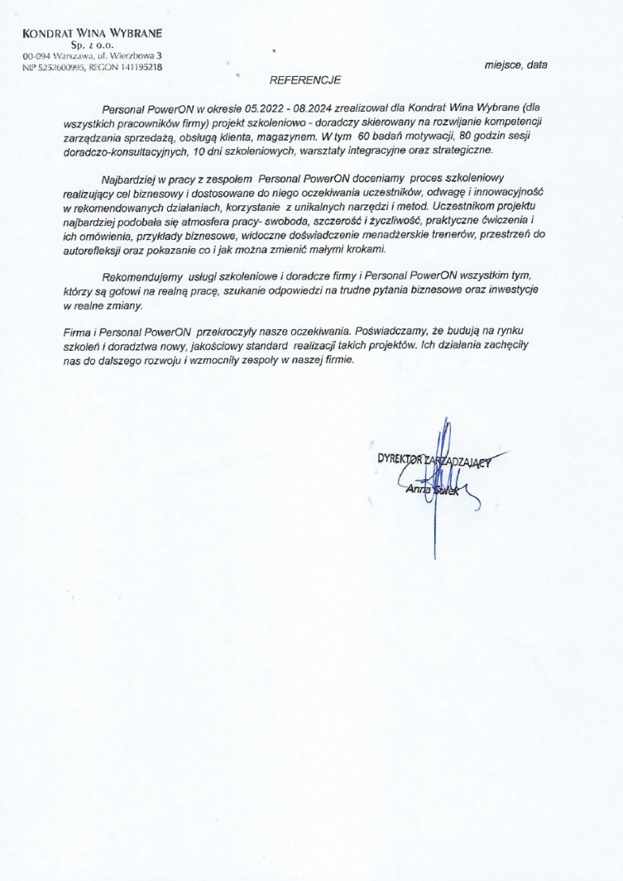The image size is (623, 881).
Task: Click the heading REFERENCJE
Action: click(306, 79)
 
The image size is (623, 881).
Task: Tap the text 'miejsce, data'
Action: click(516, 65)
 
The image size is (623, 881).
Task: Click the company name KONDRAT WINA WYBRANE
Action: click(92, 33)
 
